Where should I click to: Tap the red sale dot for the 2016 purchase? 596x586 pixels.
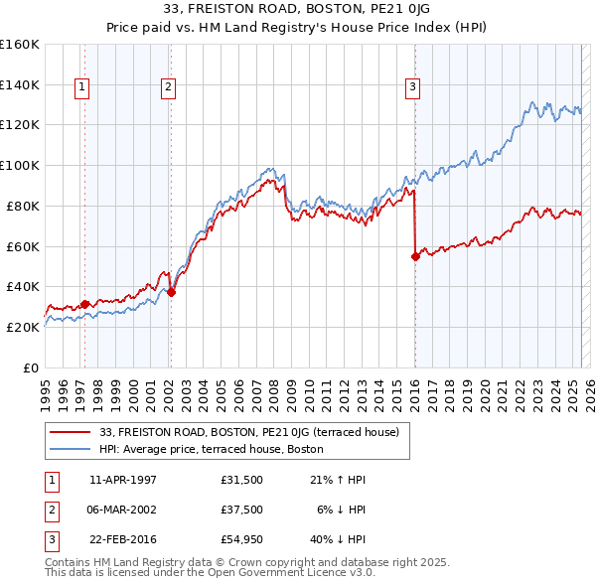[x=415, y=256]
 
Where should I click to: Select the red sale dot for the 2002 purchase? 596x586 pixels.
[x=171, y=292]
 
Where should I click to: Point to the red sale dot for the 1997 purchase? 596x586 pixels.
[x=85, y=304]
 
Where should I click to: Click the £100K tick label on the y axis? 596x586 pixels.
[x=20, y=165]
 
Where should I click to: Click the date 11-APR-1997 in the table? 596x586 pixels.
[x=123, y=480]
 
